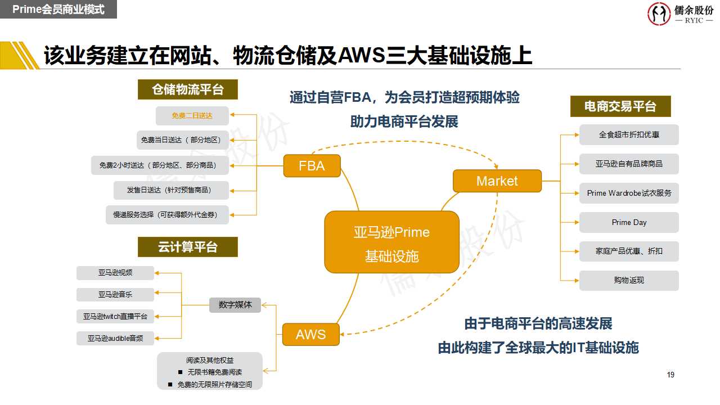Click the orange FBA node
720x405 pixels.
point(312,166)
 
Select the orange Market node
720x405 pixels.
point(497,181)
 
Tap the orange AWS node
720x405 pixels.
point(310,335)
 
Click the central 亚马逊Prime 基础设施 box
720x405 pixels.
point(391,242)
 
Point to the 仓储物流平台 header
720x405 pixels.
point(188,89)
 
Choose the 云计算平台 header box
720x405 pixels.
point(188,247)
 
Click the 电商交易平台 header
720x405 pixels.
point(620,106)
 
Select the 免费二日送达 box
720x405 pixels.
point(192,116)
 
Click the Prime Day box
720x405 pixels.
point(629,222)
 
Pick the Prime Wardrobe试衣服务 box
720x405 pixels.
point(629,193)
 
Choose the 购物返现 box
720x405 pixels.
point(629,280)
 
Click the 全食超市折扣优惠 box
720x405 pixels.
point(629,135)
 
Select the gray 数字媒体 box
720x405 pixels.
point(235,305)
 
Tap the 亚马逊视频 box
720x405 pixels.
point(115,273)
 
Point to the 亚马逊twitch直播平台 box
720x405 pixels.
point(115,317)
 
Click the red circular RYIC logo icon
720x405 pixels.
point(659,13)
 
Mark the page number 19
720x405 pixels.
point(670,375)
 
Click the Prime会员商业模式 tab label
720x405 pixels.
point(58,10)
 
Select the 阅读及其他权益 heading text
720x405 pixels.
point(210,360)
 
